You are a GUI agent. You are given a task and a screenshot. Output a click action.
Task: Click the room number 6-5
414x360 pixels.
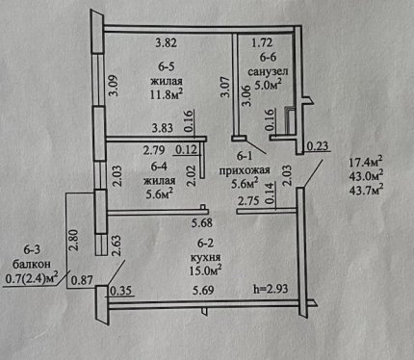click(x=167, y=66)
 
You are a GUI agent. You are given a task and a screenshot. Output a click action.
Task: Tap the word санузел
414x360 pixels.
click(x=268, y=71)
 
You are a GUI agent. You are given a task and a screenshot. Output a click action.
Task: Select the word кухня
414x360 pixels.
click(x=205, y=257)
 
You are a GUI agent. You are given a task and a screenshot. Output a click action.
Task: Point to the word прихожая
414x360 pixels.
click(x=245, y=170)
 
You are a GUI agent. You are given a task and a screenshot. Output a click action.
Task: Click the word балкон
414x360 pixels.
click(x=32, y=264)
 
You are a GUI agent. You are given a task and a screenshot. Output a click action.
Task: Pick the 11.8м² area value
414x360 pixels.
click(x=167, y=94)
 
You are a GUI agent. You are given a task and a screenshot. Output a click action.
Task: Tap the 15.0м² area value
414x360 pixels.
click(x=206, y=270)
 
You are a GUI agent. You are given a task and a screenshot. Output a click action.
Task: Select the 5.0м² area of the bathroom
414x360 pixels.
click(x=268, y=85)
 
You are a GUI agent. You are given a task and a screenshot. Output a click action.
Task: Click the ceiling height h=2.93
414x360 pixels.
click(x=271, y=289)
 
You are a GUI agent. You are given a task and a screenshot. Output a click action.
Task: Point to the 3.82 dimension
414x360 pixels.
click(x=166, y=42)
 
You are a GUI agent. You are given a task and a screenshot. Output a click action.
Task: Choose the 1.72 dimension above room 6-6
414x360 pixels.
click(x=262, y=42)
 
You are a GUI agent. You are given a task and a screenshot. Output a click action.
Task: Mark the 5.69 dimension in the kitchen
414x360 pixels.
click(x=203, y=291)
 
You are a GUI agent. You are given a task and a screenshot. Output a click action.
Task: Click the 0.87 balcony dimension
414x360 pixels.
click(x=82, y=280)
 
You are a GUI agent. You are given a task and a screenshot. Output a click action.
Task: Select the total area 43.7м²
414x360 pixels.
click(x=366, y=190)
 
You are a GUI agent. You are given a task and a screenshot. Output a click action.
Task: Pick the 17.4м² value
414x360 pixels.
click(x=366, y=162)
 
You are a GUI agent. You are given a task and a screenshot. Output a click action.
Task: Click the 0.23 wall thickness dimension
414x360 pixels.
click(x=318, y=146)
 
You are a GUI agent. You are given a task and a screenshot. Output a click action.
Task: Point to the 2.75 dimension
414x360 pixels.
click(x=248, y=201)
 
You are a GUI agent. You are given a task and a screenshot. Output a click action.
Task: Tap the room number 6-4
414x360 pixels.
click(x=159, y=167)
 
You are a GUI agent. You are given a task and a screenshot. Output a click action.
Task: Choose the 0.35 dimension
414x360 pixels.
click(x=120, y=291)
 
